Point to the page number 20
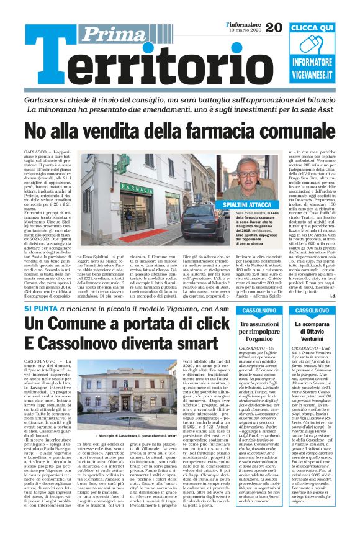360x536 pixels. pyautogui.click(x=274, y=27)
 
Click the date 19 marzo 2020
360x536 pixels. pyautogui.click(x=241, y=30)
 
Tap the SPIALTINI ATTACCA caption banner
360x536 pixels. pyautogui.click(x=250, y=204)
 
